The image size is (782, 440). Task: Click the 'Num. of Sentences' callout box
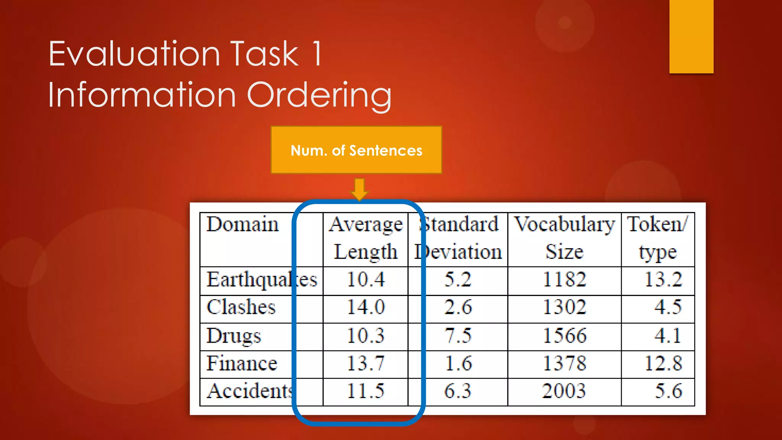pos(356,150)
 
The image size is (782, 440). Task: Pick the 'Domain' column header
pos(242,224)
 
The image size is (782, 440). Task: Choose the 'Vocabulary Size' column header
pos(564,238)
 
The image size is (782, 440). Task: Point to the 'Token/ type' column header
pos(658,238)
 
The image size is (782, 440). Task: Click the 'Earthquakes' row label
pos(262,280)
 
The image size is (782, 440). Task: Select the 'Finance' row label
pos(242,363)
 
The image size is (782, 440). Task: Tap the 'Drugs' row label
pos(234,336)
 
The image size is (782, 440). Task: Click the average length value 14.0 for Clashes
pos(365,307)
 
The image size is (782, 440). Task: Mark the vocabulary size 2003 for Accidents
pos(564,391)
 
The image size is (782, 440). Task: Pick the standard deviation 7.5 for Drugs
pos(458,336)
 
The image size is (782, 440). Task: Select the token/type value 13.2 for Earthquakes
pos(663,280)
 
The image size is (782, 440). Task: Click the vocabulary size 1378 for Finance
pos(564,363)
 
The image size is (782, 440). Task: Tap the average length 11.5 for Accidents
pos(365,391)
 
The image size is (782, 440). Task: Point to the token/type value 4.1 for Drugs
pos(667,336)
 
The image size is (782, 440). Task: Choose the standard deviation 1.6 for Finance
pos(458,363)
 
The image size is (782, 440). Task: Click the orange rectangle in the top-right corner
pos(691,36)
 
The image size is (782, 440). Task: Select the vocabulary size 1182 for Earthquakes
pos(564,280)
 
